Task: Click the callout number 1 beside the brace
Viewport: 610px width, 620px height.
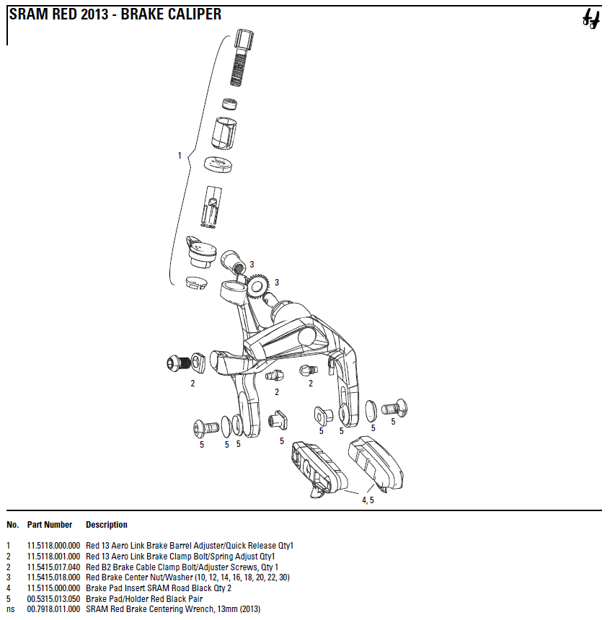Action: pyautogui.click(x=180, y=155)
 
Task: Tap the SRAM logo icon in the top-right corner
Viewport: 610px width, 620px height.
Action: pyautogui.click(x=591, y=20)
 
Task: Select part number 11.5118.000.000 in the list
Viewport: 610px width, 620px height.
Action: pyautogui.click(x=53, y=546)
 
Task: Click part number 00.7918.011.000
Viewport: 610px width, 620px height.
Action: pyautogui.click(x=53, y=609)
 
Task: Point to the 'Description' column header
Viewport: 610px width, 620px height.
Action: pyautogui.click(x=106, y=525)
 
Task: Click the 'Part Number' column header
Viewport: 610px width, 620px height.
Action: pyautogui.click(x=50, y=525)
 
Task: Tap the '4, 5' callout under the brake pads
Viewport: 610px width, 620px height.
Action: pyautogui.click(x=368, y=500)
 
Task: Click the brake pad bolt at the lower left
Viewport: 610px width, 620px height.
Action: pyautogui.click(x=205, y=428)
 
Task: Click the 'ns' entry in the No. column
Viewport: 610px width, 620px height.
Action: pyautogui.click(x=10, y=609)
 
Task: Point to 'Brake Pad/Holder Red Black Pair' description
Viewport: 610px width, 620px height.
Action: pyautogui.click(x=143, y=598)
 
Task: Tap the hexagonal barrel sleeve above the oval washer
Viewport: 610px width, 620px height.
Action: pyautogui.click(x=225, y=133)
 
